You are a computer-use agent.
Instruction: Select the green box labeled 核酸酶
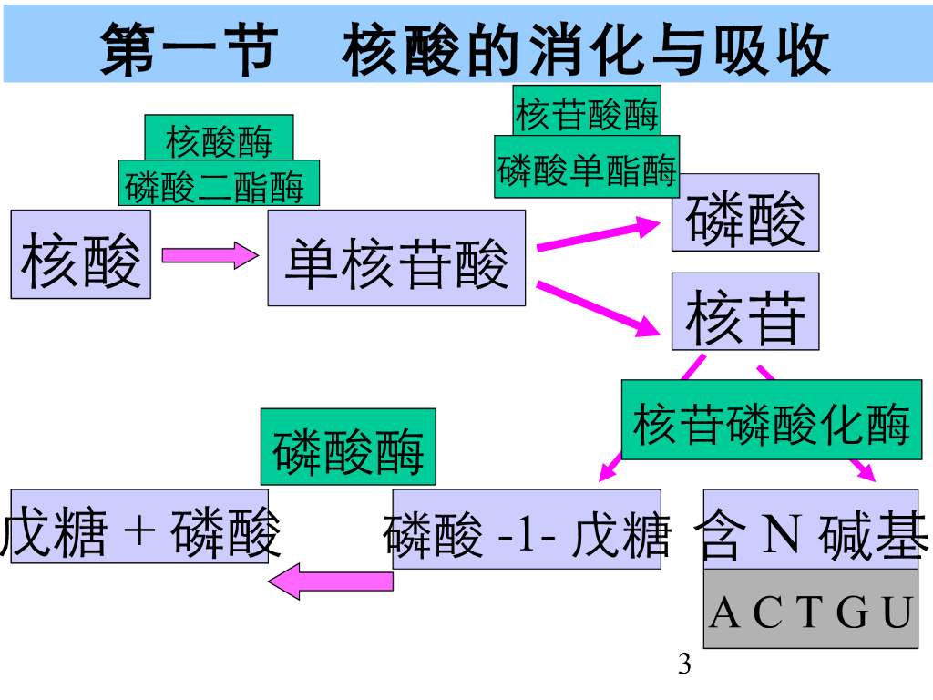click(219, 138)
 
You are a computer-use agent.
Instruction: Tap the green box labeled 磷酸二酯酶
click(219, 184)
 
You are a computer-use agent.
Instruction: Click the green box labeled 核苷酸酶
click(586, 111)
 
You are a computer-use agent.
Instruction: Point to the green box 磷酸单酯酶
click(588, 169)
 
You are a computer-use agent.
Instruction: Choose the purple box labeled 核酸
click(80, 254)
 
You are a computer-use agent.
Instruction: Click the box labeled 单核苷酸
click(396, 258)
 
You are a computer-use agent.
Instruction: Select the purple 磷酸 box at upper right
click(745, 212)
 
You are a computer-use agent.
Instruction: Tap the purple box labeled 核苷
click(745, 312)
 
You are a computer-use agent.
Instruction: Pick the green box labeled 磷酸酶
click(348, 447)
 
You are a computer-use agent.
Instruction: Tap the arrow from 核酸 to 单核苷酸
click(210, 255)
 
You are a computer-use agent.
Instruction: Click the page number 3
click(685, 664)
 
